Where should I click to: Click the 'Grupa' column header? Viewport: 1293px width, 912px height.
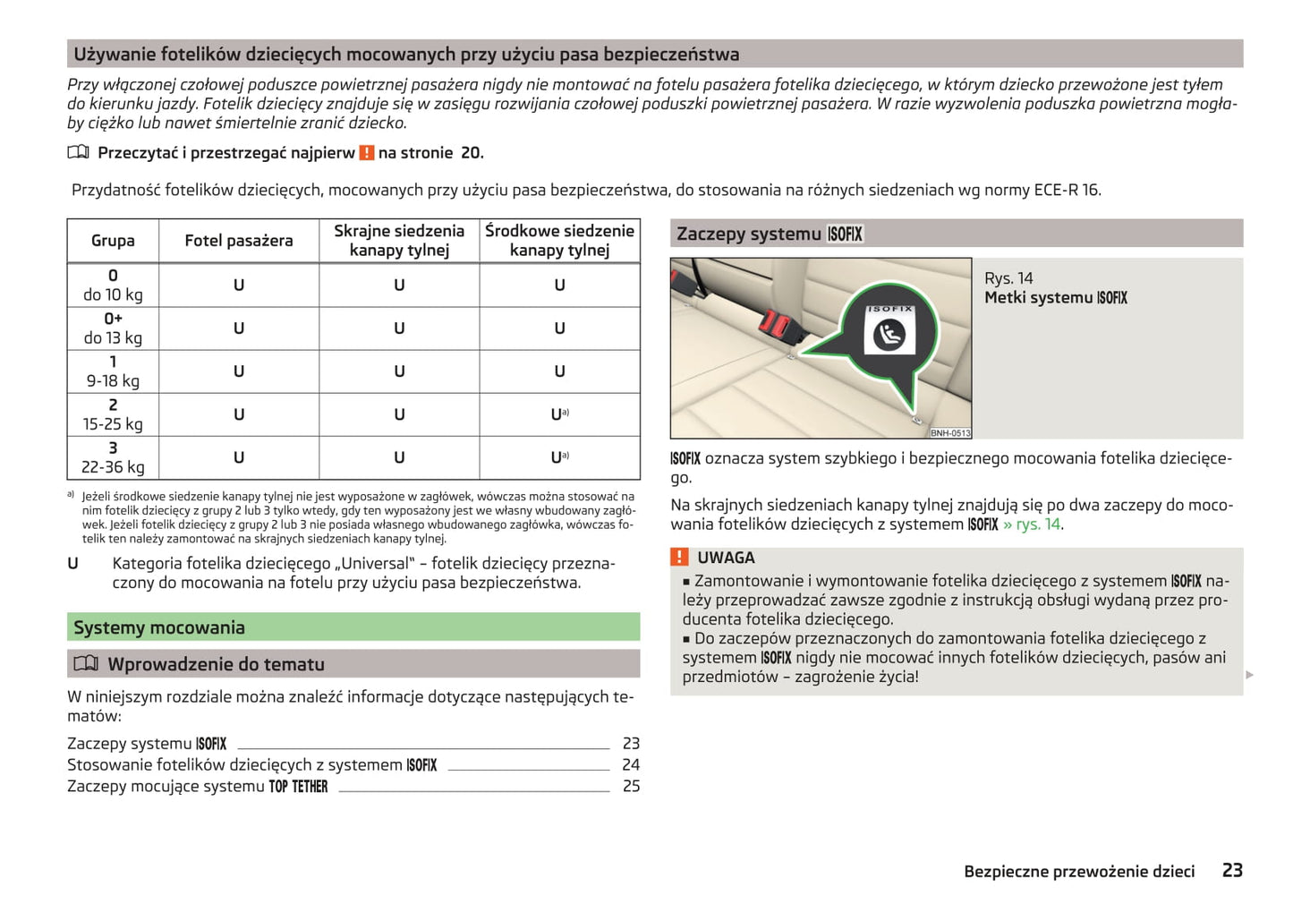(x=113, y=241)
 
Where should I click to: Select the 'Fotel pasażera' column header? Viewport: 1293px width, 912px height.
(x=239, y=241)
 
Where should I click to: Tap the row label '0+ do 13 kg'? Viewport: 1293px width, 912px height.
(x=113, y=328)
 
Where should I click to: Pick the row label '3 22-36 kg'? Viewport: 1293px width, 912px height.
(x=113, y=457)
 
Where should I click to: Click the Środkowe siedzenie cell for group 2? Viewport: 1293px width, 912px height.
(x=559, y=414)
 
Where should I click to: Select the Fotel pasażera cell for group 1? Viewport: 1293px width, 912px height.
(x=239, y=371)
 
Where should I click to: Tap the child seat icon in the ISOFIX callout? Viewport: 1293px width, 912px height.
(x=889, y=336)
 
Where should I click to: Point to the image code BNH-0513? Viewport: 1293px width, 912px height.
(x=949, y=433)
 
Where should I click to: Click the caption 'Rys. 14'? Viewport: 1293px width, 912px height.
(x=1008, y=278)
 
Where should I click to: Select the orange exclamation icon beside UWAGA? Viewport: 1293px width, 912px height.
(x=680, y=558)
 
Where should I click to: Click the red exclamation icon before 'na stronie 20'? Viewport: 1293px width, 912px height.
(x=367, y=153)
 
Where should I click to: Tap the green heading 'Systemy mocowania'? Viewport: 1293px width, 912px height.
(x=159, y=627)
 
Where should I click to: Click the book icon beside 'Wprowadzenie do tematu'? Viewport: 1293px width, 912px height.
(x=86, y=664)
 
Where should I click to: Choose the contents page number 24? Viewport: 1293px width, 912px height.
(x=631, y=765)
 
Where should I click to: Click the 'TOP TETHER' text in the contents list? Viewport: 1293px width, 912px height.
(x=299, y=787)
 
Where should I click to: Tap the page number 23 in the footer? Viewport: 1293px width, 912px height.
(x=1232, y=871)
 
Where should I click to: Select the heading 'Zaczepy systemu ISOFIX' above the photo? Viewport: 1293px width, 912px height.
(x=770, y=234)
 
